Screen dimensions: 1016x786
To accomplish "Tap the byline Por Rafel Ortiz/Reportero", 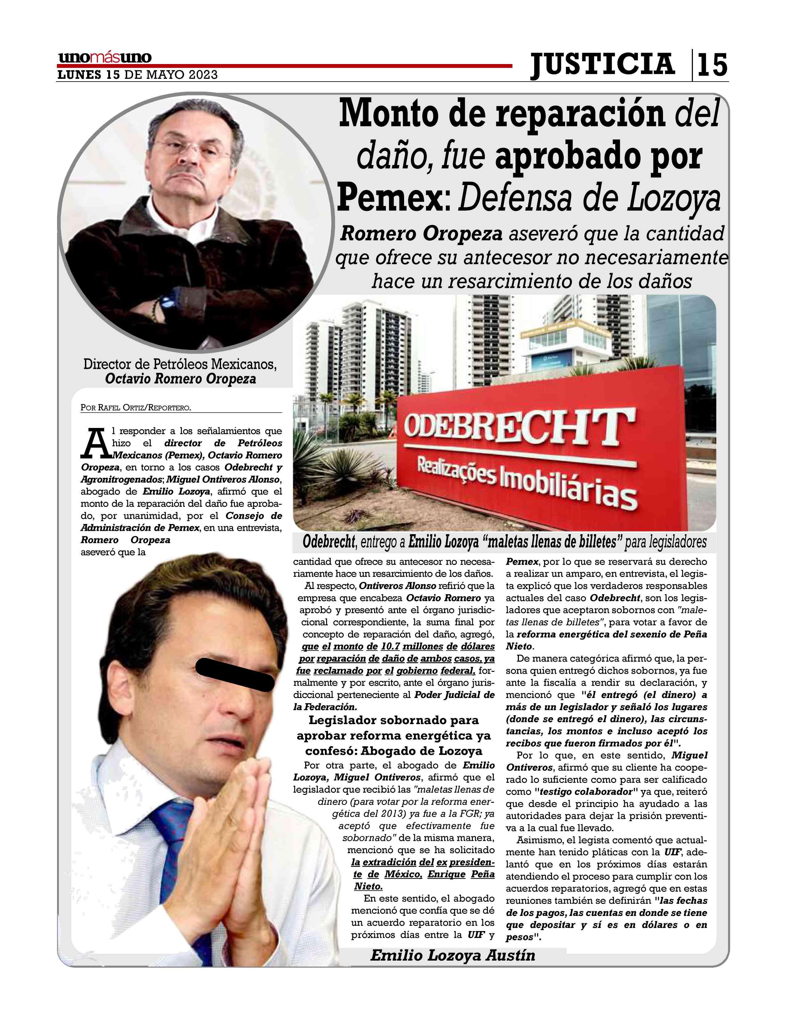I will tap(136, 408).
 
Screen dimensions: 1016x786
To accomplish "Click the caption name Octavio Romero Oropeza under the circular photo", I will tap(181, 379).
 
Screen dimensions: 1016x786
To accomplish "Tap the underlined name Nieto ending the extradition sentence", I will tap(368, 887).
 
